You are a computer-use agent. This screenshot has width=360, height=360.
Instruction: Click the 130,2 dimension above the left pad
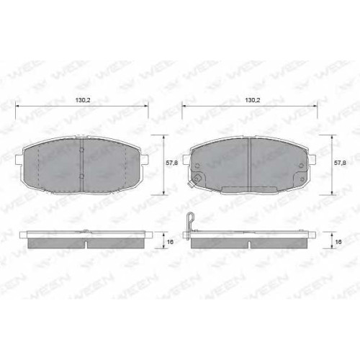tap(83, 100)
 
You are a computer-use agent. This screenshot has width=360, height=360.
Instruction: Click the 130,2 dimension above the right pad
tap(253, 100)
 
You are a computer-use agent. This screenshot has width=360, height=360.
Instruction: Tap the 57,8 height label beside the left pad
tap(172, 163)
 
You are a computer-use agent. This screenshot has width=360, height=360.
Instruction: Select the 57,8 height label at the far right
tap(340, 163)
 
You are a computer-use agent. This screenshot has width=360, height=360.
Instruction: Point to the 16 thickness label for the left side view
tap(170, 242)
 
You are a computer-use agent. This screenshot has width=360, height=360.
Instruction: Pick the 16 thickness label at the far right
tap(338, 242)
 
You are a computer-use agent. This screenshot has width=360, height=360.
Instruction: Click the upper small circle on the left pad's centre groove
tap(81, 150)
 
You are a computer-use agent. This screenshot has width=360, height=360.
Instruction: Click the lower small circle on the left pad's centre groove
tap(81, 176)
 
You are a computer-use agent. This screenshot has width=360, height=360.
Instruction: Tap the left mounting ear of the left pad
tap(19, 160)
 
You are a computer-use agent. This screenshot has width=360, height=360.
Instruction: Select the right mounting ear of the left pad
tap(145, 160)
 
